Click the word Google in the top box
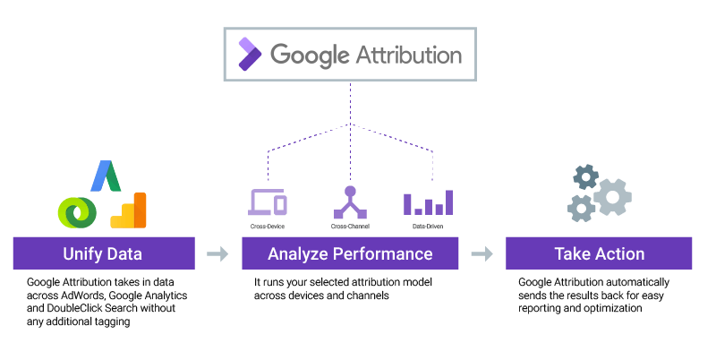point(309,55)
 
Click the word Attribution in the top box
point(409,55)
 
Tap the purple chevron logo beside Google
point(248,55)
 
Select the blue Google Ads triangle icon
point(107,176)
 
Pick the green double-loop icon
point(77,211)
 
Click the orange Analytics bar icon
point(131,210)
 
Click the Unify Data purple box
point(103,253)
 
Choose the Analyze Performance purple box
point(350,253)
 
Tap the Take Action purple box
point(599,253)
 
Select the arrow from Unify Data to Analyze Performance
point(217,254)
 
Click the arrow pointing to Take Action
point(482,254)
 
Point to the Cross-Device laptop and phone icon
point(267,203)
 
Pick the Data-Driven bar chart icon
point(428,203)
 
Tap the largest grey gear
point(612,196)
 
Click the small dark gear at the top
point(585,176)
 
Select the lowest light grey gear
point(581,209)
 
